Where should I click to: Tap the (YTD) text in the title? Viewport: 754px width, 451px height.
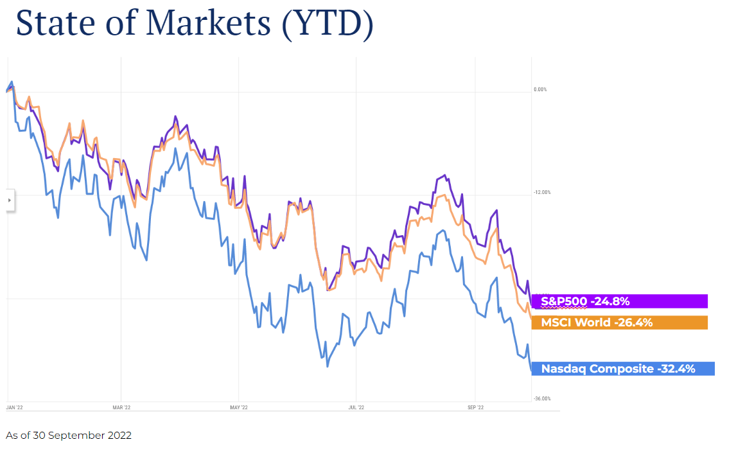pyautogui.click(x=327, y=24)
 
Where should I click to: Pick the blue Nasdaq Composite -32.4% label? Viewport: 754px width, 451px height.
pyautogui.click(x=622, y=369)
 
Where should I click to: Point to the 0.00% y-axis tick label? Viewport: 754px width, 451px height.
pyautogui.click(x=540, y=89)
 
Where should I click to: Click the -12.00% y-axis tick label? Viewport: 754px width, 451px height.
pyautogui.click(x=542, y=193)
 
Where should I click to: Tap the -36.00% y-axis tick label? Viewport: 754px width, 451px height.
pyautogui.click(x=542, y=399)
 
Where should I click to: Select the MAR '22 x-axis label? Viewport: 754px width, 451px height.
pyautogui.click(x=121, y=407)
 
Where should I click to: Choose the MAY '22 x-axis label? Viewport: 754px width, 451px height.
pyautogui.click(x=238, y=407)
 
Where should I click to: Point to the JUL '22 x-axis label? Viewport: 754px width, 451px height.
pyautogui.click(x=356, y=407)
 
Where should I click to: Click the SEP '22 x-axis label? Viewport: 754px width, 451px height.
pyautogui.click(x=475, y=407)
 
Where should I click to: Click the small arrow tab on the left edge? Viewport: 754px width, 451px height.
pyautogui.click(x=10, y=200)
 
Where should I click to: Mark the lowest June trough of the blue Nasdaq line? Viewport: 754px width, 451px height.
pyautogui.click(x=328, y=366)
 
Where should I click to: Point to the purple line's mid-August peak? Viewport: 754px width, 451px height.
pyautogui.click(x=444, y=175)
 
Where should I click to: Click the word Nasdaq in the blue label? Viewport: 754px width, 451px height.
pyautogui.click(x=563, y=369)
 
